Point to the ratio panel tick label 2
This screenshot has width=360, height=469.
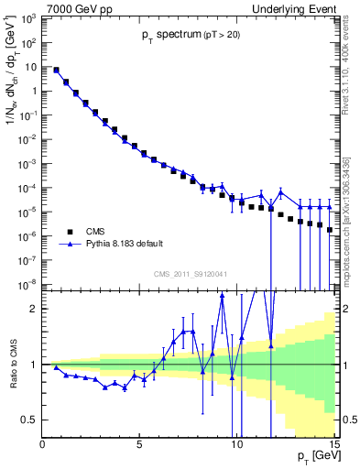tap(34, 309)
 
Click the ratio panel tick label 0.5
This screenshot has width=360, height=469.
tap(29, 420)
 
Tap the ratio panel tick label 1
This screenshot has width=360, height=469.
tap(34, 365)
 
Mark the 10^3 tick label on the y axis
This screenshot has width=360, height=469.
tap(29, 19)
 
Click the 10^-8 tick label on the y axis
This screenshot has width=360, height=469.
tap(28, 284)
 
